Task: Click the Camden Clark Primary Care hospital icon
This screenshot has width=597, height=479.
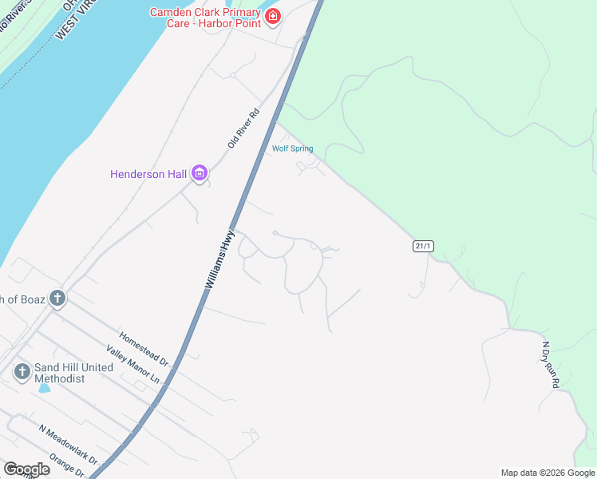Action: (x=273, y=16)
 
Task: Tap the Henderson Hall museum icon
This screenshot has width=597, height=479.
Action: (x=200, y=173)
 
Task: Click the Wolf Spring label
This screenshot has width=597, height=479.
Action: (x=292, y=148)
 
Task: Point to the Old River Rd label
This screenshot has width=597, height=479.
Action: (x=244, y=129)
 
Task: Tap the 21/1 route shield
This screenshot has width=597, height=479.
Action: (x=423, y=246)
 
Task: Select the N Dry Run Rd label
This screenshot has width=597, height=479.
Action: (x=552, y=365)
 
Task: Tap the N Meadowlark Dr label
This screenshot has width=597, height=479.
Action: (x=68, y=444)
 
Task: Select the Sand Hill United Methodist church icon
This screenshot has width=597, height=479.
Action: (x=22, y=371)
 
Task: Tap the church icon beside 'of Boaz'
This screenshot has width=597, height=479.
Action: (x=57, y=299)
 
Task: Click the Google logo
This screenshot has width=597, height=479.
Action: (x=26, y=469)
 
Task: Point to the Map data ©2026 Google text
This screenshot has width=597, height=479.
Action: (x=548, y=473)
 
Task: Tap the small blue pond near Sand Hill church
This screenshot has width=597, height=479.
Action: (x=44, y=388)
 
